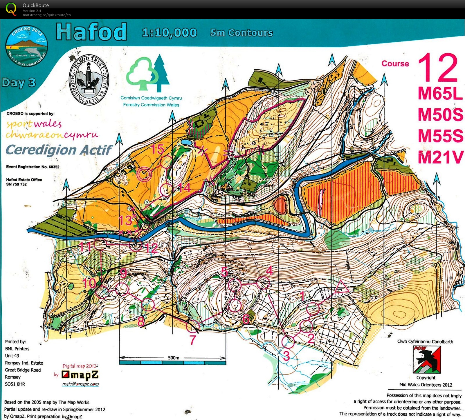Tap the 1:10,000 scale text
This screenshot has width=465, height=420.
coord(170,33)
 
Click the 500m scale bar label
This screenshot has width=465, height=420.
coord(173,358)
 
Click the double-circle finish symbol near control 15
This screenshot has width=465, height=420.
coord(144,174)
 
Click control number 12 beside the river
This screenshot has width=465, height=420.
coord(152,248)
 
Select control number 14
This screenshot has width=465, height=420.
coord(185,188)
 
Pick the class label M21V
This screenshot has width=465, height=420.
coord(440,157)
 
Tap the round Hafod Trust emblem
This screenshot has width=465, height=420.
coord(89,80)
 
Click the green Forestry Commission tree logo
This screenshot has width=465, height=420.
coord(148,74)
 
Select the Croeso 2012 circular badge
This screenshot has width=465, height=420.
coord(27,47)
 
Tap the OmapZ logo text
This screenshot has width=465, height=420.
coord(80,375)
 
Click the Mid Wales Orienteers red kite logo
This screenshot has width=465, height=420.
coord(427,359)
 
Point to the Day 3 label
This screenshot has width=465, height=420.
coord(19,83)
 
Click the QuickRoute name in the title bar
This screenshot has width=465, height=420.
coord(35,5)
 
